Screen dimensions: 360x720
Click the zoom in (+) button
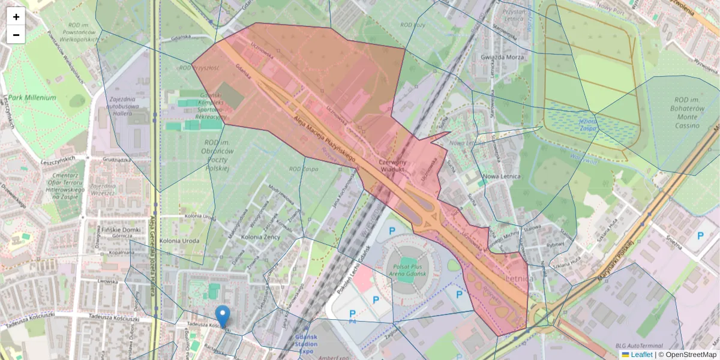click(16, 17)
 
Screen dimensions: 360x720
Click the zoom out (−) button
click(16, 35)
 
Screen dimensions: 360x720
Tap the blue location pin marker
click(223, 316)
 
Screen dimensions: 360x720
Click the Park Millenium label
click(32, 97)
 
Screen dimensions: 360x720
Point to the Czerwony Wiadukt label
click(393, 166)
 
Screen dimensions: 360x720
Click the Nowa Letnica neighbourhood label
click(500, 176)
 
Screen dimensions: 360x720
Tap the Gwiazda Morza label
click(503, 58)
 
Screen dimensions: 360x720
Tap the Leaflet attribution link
click(641, 355)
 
